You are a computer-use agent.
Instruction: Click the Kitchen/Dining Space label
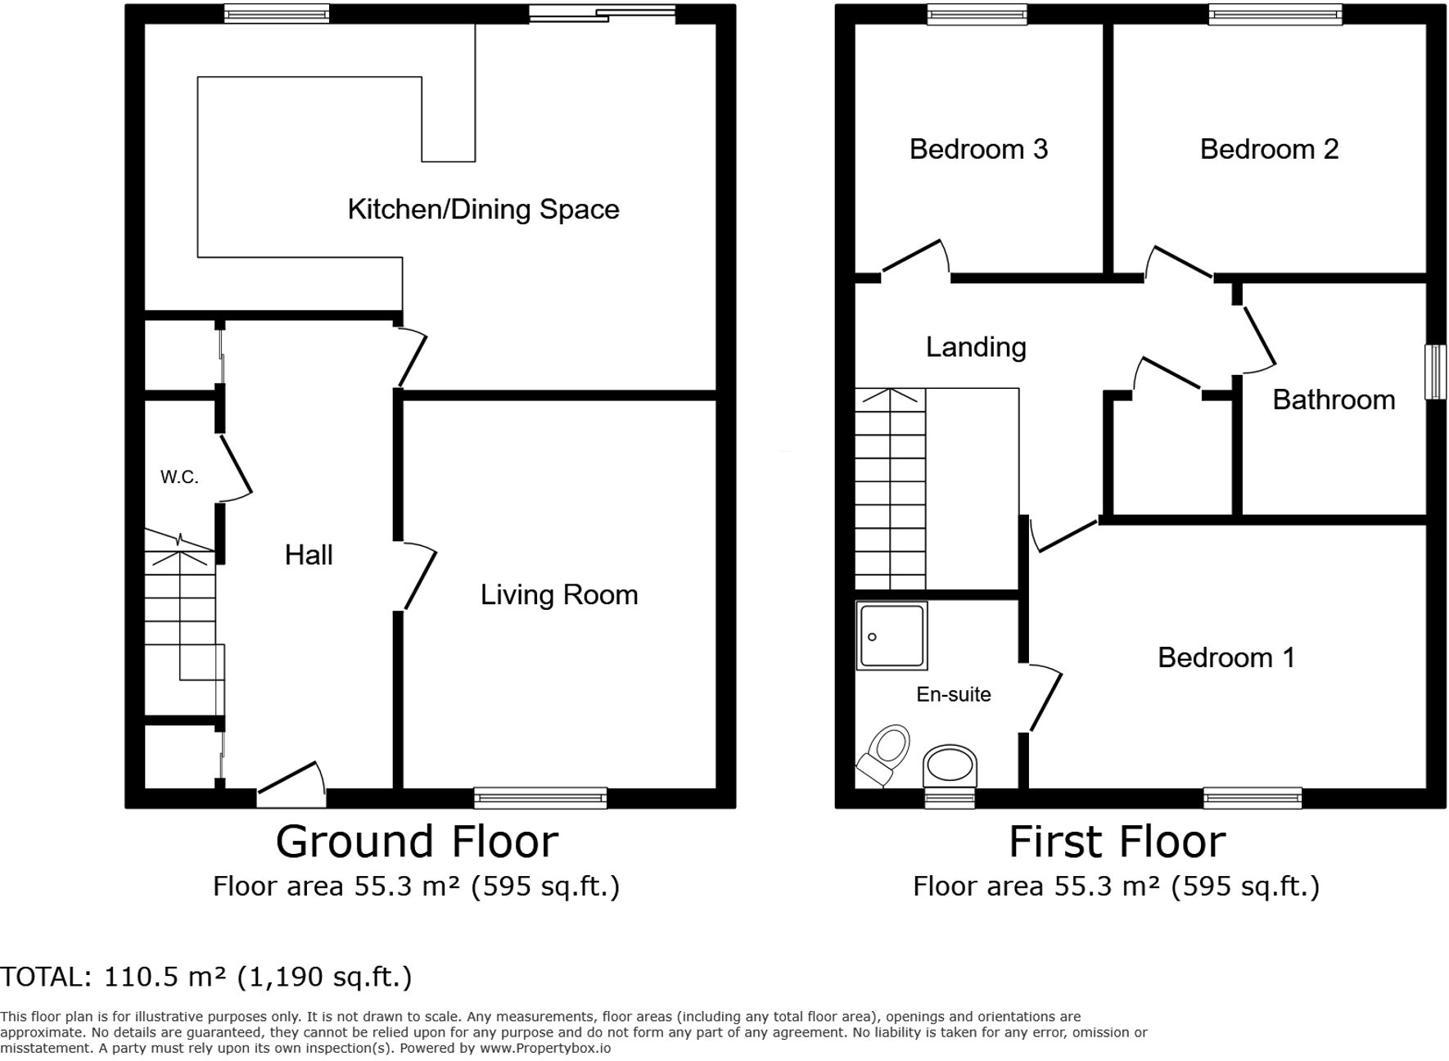pos(483,210)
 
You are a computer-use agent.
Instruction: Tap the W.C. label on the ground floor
pos(179,477)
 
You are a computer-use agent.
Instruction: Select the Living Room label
pos(559,595)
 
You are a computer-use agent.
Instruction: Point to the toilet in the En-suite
pos(885,754)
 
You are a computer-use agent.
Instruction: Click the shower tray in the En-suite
pos(892,635)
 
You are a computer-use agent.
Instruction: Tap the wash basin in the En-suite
pos(950,765)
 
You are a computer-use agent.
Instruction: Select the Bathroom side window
pos(1434,372)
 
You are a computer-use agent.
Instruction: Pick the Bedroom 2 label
pos(1269,149)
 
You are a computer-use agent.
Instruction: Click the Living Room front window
pos(540,797)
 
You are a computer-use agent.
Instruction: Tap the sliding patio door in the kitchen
pos(603,13)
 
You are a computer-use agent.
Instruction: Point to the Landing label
pos(976,347)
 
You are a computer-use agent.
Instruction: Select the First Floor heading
pos(1117,842)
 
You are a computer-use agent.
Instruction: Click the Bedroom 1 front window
pos(1253,797)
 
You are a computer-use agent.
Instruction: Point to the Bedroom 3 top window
pos(977,13)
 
